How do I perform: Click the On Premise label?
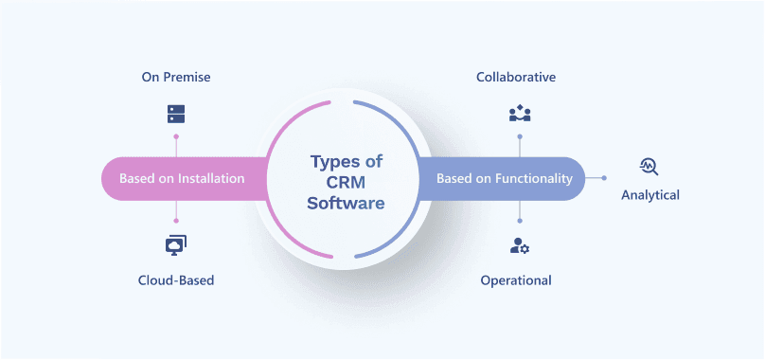[x=176, y=76]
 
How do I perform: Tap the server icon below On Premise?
[x=176, y=114]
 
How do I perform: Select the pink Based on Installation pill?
[x=180, y=178]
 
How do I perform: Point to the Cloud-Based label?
[x=176, y=280]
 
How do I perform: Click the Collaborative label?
[x=516, y=76]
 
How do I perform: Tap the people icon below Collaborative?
[x=519, y=115]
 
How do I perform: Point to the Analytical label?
[x=650, y=195]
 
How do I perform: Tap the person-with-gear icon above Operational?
[x=519, y=246]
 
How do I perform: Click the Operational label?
[x=516, y=280]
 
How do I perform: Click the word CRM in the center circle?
[x=347, y=181]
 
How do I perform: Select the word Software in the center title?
[x=347, y=202]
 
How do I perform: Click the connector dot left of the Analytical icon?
[x=604, y=178]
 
